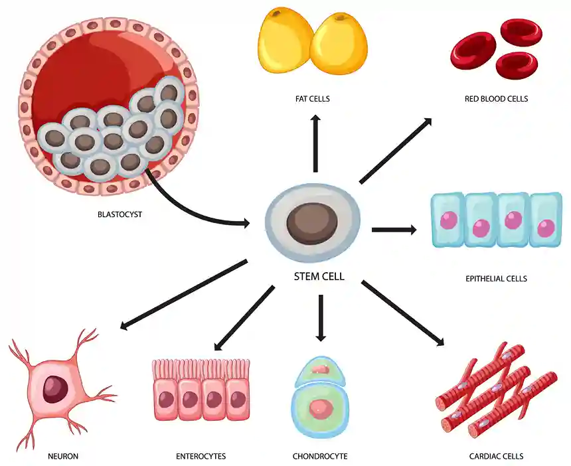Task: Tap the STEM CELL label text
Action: [319, 277]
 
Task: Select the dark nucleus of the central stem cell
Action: [313, 224]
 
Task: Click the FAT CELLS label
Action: [312, 99]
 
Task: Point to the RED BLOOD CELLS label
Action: [496, 99]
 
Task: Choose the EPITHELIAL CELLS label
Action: [496, 279]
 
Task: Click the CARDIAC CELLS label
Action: [496, 456]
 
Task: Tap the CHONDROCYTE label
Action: [319, 456]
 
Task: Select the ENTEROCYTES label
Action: [201, 456]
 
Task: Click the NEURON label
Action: [63, 456]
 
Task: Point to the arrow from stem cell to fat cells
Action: [315, 143]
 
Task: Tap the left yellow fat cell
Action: [284, 42]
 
